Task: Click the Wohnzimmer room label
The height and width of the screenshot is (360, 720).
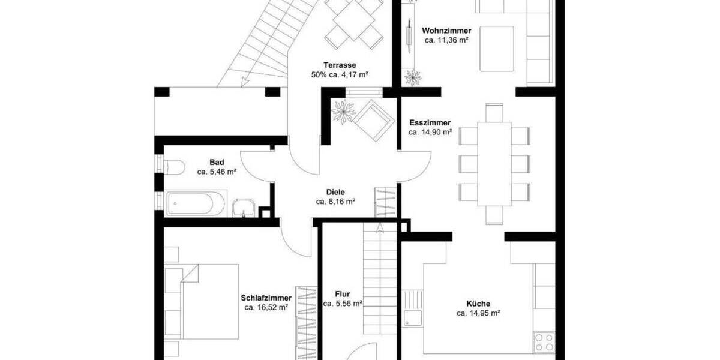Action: point(446,31)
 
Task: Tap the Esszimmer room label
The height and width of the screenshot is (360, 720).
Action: point(430,122)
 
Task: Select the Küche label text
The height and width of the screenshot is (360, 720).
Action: point(478,304)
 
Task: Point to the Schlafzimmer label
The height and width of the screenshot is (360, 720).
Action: point(266,298)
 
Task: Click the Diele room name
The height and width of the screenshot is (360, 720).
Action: point(335,192)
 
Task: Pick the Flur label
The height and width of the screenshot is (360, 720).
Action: point(343,295)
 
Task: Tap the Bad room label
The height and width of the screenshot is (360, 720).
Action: point(217,162)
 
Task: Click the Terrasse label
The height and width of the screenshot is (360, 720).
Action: point(340,65)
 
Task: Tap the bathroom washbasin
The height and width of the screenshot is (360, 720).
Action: point(244,208)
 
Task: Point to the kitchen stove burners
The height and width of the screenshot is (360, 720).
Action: point(544,342)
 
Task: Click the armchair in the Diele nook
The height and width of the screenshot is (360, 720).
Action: point(373,119)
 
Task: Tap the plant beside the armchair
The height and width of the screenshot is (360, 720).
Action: point(343,111)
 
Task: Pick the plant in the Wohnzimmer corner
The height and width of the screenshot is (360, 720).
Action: point(413,77)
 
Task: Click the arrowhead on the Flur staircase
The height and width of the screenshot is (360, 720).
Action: point(379,227)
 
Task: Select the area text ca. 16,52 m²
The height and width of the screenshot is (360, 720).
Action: point(266,308)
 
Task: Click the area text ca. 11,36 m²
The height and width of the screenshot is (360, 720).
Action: point(446,40)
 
